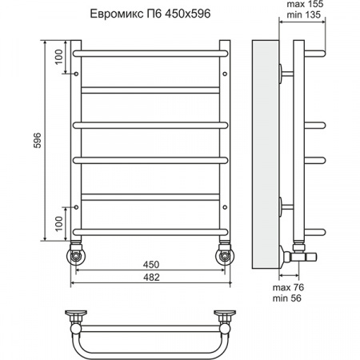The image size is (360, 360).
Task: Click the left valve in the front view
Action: pos(75,255)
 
